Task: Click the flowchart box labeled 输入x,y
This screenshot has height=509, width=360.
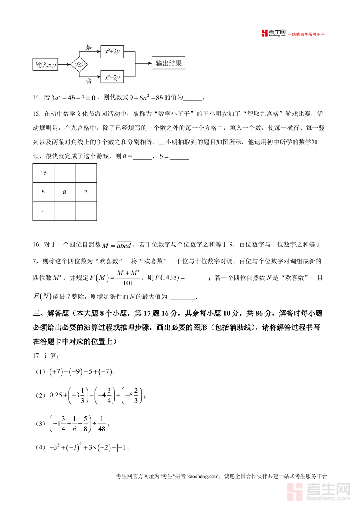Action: click(x=45, y=65)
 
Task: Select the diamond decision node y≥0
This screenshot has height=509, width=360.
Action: click(x=80, y=64)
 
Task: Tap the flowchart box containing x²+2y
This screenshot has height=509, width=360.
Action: click(x=112, y=51)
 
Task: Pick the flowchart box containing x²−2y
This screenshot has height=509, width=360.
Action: click(x=112, y=77)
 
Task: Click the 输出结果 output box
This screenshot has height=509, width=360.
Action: click(x=168, y=63)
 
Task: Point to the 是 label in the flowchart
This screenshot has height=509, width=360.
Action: click(x=89, y=48)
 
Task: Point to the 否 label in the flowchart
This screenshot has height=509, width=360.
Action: click(x=89, y=81)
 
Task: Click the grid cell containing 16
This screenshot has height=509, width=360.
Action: click(x=44, y=173)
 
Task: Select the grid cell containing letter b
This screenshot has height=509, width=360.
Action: click(x=44, y=192)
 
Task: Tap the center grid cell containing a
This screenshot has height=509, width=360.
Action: click(x=64, y=192)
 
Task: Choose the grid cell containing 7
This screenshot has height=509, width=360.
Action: click(x=86, y=192)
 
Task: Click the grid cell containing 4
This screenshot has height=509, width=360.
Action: click(x=44, y=211)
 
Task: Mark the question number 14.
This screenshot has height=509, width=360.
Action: click(x=36, y=97)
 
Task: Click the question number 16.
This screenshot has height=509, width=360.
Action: click(x=36, y=244)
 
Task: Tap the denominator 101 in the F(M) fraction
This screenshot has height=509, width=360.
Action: click(x=128, y=283)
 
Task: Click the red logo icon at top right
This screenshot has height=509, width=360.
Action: click(x=264, y=33)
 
